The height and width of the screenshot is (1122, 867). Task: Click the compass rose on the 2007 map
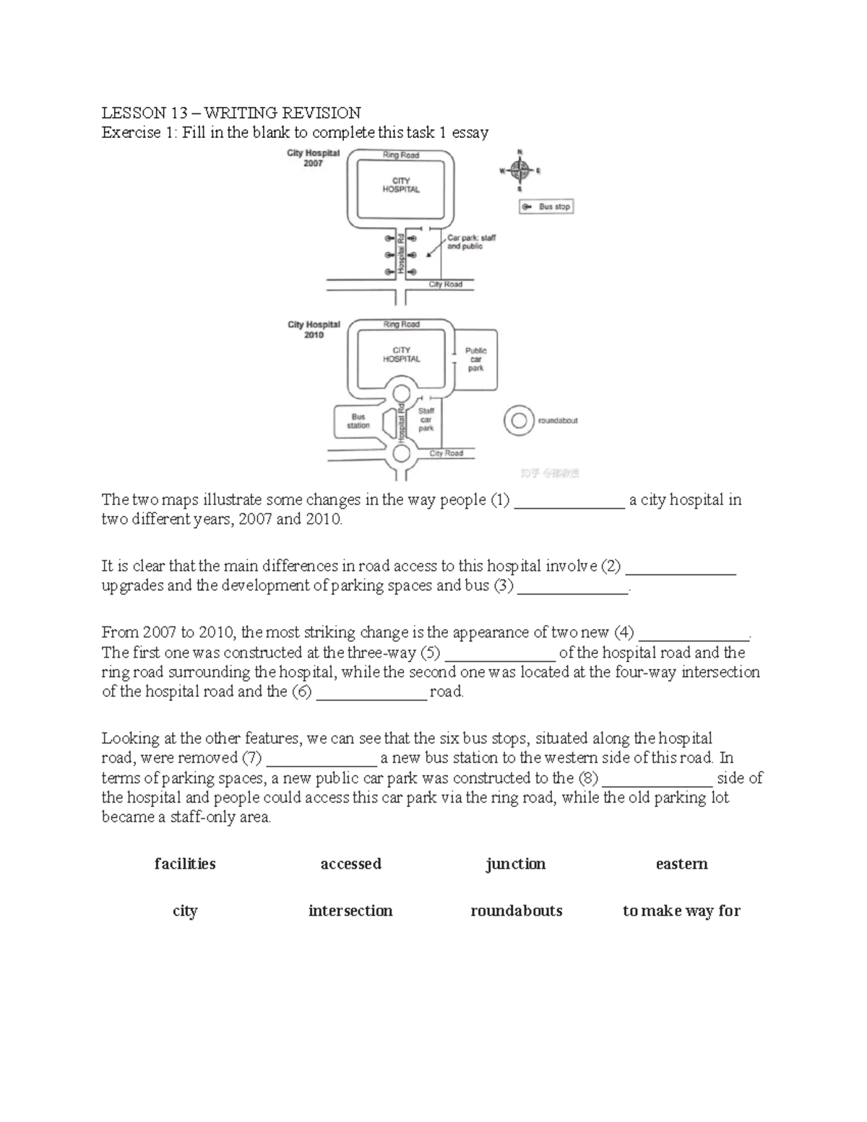coord(519,171)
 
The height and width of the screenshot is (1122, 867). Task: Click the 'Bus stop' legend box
coord(546,207)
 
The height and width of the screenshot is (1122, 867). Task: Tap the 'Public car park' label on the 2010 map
coord(475,359)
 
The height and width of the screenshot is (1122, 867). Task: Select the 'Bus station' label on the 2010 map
coord(358,421)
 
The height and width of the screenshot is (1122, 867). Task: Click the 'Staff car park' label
coord(426,419)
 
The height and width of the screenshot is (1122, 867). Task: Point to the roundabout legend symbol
coord(518,420)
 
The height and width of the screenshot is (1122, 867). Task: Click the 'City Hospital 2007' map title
coord(313,158)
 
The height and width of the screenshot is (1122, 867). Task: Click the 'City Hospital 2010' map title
coord(314,329)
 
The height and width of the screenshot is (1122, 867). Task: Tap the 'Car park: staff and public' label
coord(471,241)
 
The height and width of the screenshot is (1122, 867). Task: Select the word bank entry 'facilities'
coord(185,864)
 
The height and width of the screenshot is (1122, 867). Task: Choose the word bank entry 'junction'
coord(516,864)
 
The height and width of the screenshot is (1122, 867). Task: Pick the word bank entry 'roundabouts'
coord(516,911)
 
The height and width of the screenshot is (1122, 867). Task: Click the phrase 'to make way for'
coord(681,911)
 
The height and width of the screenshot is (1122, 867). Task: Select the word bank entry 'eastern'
coord(681,864)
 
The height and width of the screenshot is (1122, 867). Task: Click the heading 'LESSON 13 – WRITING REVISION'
coord(231,113)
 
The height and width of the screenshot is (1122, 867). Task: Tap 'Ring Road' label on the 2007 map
coord(401,155)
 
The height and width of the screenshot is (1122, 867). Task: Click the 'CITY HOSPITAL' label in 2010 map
coord(401,354)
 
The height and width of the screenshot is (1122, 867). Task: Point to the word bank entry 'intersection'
coord(350,911)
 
